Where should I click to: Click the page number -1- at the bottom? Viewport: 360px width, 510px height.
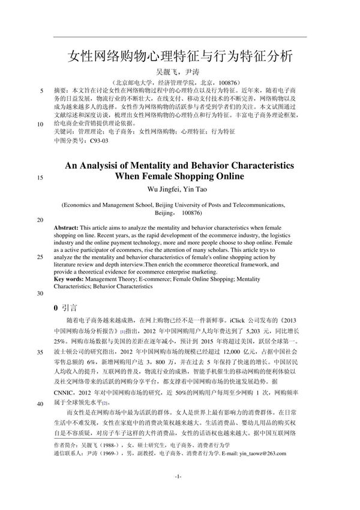pyautogui.click(x=178, y=492)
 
